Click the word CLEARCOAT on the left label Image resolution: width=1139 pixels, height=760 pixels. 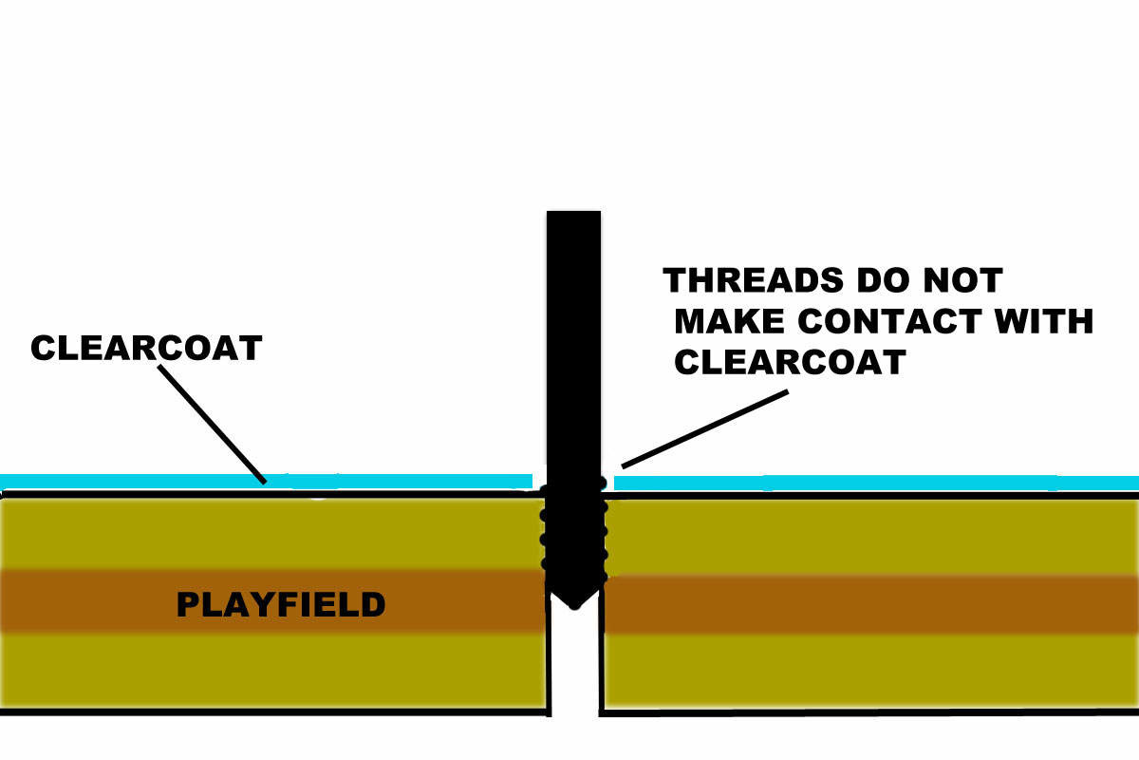tap(145, 348)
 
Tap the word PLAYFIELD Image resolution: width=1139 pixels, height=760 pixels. tap(281, 604)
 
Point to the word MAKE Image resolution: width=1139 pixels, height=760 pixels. tap(731, 321)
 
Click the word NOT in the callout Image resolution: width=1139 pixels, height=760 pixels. tap(962, 281)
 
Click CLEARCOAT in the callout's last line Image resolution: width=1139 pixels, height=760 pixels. tap(790, 362)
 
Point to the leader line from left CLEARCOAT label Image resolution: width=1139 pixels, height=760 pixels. tap(211, 424)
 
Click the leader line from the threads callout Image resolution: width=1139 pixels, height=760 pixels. tap(704, 428)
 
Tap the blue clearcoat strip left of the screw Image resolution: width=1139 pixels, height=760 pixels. tap(266, 482)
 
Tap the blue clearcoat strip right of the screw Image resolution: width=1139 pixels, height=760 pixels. tap(873, 483)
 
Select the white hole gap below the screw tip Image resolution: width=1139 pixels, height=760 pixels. tap(573, 665)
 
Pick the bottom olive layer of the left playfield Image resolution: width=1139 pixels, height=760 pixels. tap(275, 670)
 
